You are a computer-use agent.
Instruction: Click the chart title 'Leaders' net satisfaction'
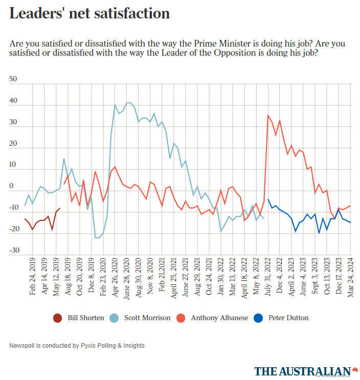(89, 14)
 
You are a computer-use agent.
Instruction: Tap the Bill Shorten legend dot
(58, 318)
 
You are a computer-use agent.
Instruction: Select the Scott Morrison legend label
(147, 318)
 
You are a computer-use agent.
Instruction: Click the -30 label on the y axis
(14, 251)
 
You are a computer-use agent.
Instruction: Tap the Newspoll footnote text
(77, 346)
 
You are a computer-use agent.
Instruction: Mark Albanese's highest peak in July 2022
(268, 115)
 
